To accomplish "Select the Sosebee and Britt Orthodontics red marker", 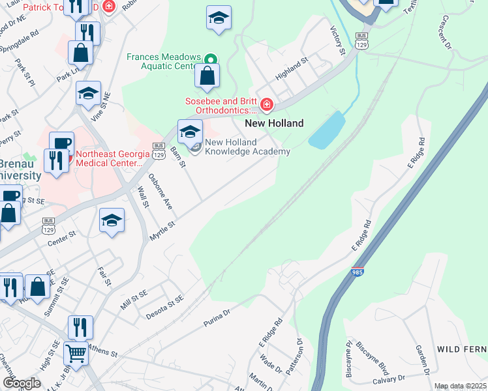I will coord(266,105).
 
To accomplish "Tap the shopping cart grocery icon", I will coord(76,354).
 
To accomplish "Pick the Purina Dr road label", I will coord(217,315).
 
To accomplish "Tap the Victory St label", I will coord(337,40).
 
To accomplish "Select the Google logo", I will coord(22,383).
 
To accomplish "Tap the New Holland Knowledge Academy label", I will coord(247,147).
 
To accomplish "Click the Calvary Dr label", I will coord(389,379).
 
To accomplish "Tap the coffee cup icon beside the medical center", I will coord(61,143).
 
